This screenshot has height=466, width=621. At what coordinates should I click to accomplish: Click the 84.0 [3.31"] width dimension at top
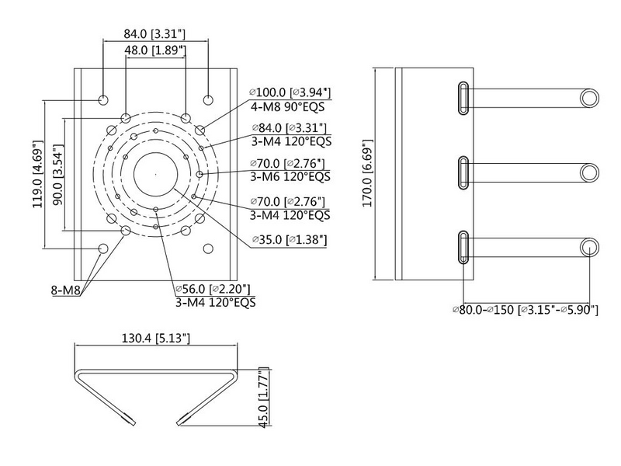[x=154, y=33]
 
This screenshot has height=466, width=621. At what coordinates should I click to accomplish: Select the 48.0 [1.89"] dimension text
[x=155, y=50]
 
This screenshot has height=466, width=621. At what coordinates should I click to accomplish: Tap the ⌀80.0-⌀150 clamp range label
[x=526, y=310]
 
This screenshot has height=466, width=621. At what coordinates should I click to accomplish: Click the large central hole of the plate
[x=155, y=174]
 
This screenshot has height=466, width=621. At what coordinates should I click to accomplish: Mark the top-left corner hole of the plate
[x=103, y=100]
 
